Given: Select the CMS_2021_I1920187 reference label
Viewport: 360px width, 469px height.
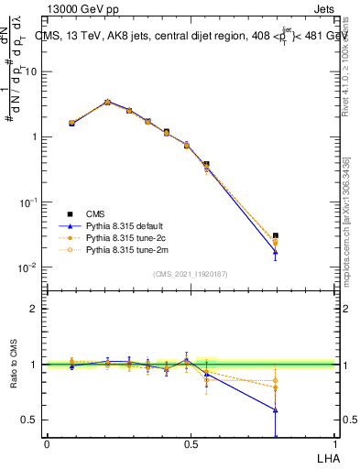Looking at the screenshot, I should (x=191, y=274).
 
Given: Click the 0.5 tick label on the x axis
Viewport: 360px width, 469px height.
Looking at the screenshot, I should (x=191, y=444).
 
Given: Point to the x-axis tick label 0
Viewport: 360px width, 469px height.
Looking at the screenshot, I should (x=47, y=444).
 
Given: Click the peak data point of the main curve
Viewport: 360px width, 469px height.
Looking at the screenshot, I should (x=107, y=103).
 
